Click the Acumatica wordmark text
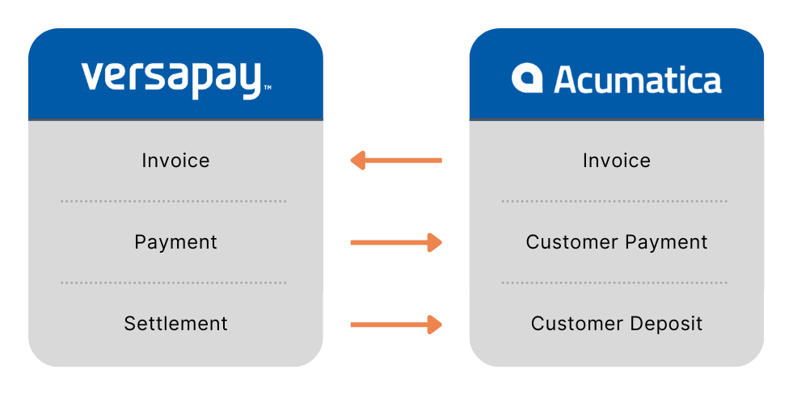[638, 80]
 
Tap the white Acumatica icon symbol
[527, 78]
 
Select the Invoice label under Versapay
[175, 161]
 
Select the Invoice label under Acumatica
[617, 161]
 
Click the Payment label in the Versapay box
[175, 242]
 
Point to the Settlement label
[175, 324]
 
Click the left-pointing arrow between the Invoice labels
[397, 161]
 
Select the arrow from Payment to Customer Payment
[396, 242]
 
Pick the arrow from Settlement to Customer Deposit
[396, 325]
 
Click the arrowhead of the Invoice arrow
[359, 161]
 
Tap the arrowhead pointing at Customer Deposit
[435, 325]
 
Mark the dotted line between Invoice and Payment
[174, 201]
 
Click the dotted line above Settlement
[174, 283]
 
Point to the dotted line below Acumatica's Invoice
[614, 201]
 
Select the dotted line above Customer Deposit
[614, 283]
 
